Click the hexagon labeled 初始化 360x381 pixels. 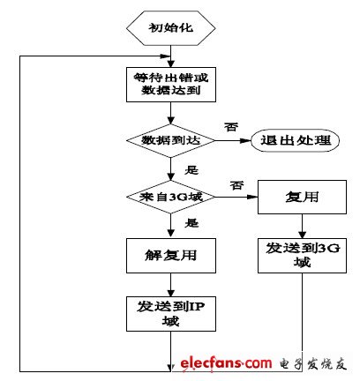(169, 29)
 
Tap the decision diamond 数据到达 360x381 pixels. (169, 141)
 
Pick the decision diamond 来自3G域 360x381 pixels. (169, 196)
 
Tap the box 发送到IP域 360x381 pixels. (169, 313)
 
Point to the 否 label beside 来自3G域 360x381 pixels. (237, 185)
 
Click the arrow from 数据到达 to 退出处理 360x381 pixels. (229, 141)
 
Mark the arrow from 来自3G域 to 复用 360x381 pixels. (234, 196)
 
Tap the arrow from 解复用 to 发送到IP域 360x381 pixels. (169, 284)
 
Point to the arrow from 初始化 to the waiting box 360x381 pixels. (169, 55)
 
